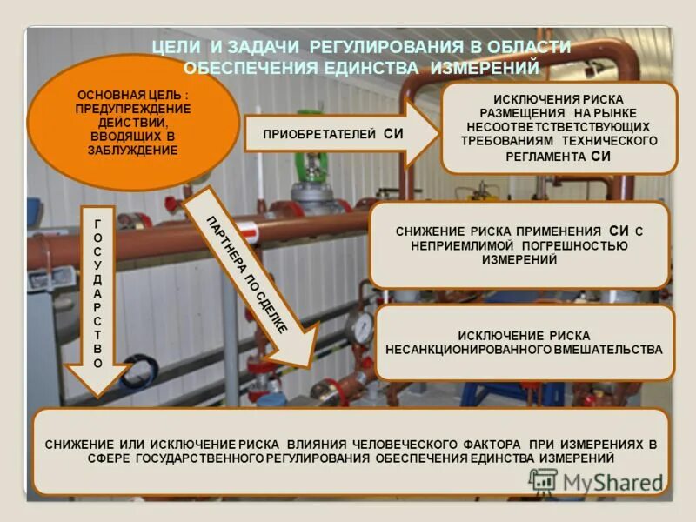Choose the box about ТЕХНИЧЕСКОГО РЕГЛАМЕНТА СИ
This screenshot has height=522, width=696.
coord(559,128)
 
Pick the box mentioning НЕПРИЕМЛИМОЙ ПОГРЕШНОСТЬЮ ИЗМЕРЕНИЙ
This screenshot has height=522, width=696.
coord(519,245)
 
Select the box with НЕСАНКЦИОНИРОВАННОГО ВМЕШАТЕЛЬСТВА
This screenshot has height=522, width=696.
coord(524,342)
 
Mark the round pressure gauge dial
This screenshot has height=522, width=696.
coord(359,328)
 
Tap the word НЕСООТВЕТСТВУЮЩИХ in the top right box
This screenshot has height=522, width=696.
coord(559,127)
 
